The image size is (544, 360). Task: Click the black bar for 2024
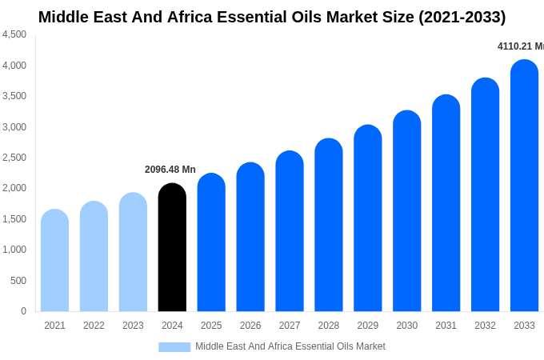coord(172,248)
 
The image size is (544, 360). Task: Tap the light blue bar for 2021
coord(54,261)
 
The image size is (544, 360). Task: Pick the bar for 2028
coord(329,226)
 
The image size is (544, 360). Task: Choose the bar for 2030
coord(406,211)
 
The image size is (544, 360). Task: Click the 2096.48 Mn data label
coord(170,170)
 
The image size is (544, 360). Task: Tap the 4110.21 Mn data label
coord(520,46)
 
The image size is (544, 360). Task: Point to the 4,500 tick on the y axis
coord(14,34)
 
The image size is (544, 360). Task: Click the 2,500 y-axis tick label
coord(14,158)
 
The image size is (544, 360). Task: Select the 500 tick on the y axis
coord(18,281)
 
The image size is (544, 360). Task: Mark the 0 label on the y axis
coord(23,311)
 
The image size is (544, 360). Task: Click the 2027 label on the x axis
coord(290,326)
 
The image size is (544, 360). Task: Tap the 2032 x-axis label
coord(485,326)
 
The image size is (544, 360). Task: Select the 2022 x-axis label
coord(94,326)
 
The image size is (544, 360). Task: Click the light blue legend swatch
coord(174,346)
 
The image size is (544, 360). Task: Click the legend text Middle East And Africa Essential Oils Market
coord(290,346)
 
